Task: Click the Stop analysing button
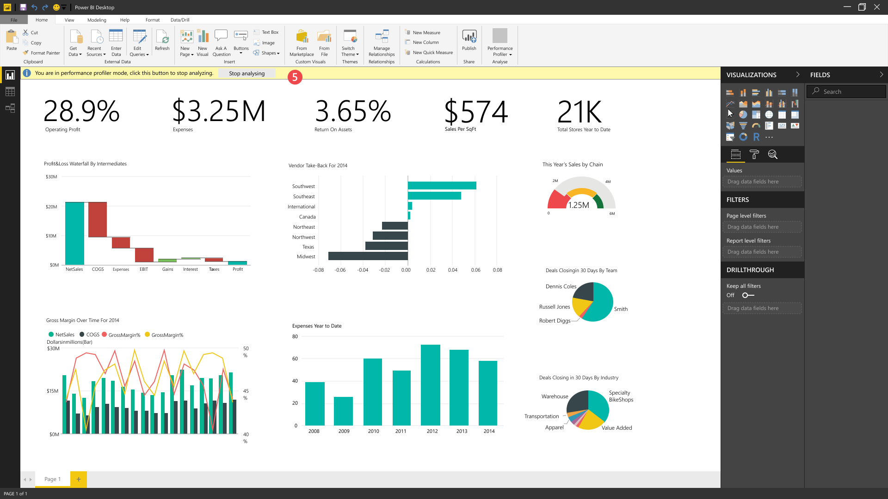pyautogui.click(x=247, y=73)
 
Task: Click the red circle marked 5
pyautogui.click(x=295, y=77)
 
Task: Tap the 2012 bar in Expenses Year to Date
pyautogui.click(x=431, y=385)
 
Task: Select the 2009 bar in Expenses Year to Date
pyautogui.click(x=343, y=411)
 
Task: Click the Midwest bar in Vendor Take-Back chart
pyautogui.click(x=368, y=256)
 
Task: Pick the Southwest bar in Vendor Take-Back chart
pyautogui.click(x=442, y=186)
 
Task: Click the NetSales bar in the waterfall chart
pyautogui.click(x=74, y=233)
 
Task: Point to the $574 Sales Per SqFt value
pyautogui.click(x=476, y=112)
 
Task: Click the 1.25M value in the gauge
pyautogui.click(x=579, y=205)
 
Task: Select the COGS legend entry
pyautogui.click(x=89, y=335)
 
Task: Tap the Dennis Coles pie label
pyautogui.click(x=561, y=286)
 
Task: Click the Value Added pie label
pyautogui.click(x=617, y=428)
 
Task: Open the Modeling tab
pyautogui.click(x=97, y=20)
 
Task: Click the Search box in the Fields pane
pyautogui.click(x=846, y=91)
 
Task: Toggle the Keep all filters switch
pyautogui.click(x=748, y=295)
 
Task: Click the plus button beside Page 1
pyautogui.click(x=79, y=479)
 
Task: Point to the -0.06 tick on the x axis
pyautogui.click(x=340, y=270)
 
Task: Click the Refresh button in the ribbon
pyautogui.click(x=162, y=40)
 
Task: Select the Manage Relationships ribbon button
pyautogui.click(x=382, y=43)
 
